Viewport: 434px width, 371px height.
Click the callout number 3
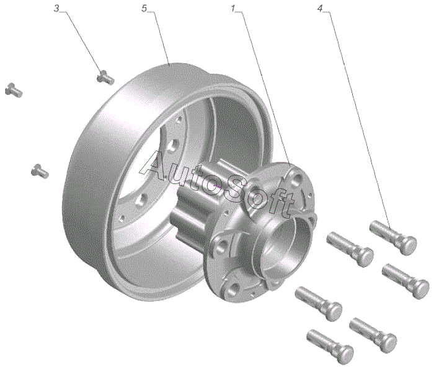click(56, 9)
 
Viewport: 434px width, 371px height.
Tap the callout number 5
click(144, 9)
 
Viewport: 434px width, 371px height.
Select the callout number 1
click(233, 9)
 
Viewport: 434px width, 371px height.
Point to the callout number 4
click(320, 9)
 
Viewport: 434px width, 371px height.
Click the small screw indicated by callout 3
click(105, 77)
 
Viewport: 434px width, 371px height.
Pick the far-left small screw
click(14, 90)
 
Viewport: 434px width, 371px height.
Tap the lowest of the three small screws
click(40, 171)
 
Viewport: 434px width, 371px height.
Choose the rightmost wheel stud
click(405, 281)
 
